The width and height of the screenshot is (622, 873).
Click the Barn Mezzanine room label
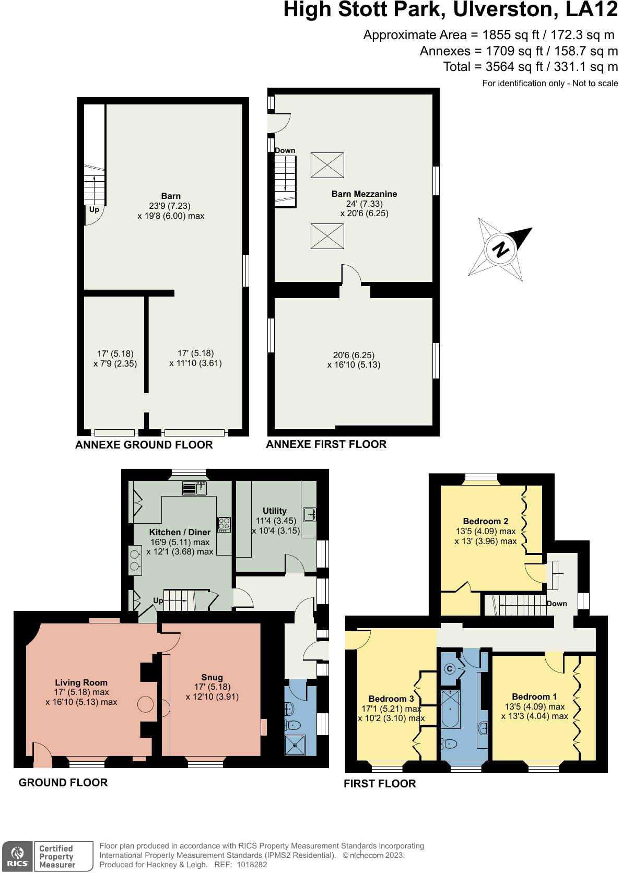(364, 194)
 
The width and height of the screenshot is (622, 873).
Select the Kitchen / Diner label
(180, 532)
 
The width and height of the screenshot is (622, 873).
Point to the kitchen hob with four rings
(224, 524)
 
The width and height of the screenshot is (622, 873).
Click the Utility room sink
(309, 514)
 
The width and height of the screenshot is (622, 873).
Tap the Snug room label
(212, 677)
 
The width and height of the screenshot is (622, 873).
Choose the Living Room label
(81, 682)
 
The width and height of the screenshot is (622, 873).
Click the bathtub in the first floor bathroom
(450, 709)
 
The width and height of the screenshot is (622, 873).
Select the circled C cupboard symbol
(449, 669)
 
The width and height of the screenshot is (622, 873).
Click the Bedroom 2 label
(485, 521)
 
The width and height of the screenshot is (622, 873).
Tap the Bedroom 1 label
(534, 697)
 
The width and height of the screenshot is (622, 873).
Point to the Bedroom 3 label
(391, 699)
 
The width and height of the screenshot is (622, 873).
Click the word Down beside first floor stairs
(557, 604)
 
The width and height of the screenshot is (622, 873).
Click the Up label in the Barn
(94, 209)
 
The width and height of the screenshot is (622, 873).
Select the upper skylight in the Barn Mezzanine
(327, 165)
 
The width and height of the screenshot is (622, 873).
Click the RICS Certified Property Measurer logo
(47, 856)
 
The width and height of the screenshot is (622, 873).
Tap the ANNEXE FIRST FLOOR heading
(326, 444)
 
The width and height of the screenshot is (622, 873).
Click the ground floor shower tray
(295, 745)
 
